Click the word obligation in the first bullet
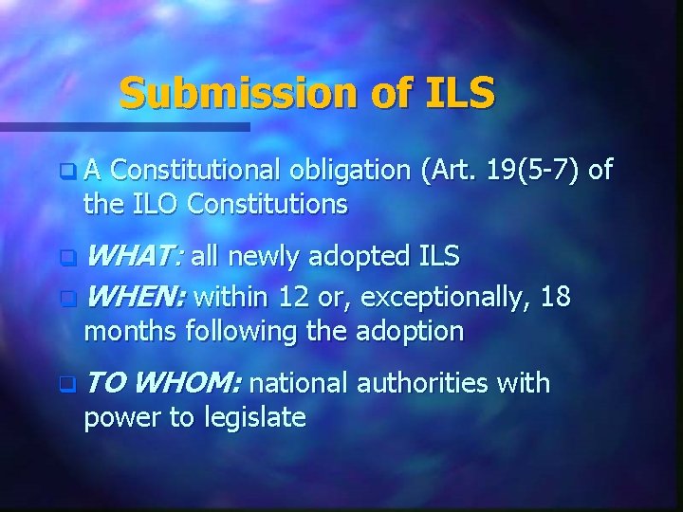pyautogui.click(x=344, y=172)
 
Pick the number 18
pyautogui.click(x=554, y=297)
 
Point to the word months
pyautogui.click(x=130, y=331)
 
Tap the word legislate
pyautogui.click(x=254, y=417)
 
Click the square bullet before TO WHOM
pyautogui.click(x=65, y=385)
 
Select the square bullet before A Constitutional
pyautogui.click(x=65, y=173)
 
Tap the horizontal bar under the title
pyautogui.click(x=124, y=125)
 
